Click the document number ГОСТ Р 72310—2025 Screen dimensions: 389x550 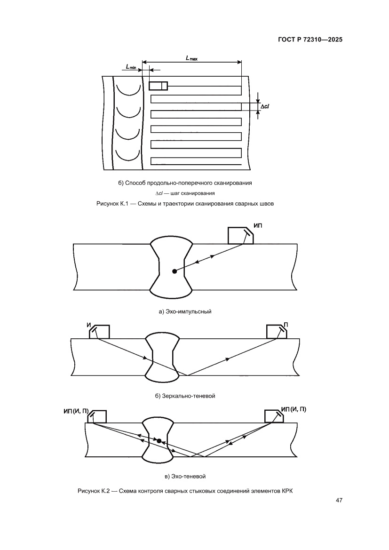coord(310,40)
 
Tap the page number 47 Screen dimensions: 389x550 coord(339,500)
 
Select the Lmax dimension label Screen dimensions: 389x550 coord(191,58)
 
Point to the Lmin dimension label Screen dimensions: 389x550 coord(131,66)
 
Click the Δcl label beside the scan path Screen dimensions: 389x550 coord(265,106)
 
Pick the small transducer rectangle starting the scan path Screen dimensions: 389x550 coord(158,86)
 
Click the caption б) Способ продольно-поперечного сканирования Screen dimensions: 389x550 coord(185,183)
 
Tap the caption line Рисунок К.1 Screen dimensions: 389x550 coord(185,203)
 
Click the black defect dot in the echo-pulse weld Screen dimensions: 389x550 coord(175,271)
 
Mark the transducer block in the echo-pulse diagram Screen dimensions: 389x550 coord(241,235)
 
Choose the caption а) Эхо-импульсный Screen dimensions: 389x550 coord(185,311)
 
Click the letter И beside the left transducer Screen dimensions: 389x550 coord(88,326)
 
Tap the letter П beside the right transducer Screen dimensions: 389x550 coord(286,325)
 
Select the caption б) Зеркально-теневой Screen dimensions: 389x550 coord(185,396)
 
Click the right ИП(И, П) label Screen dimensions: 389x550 coord(294,409)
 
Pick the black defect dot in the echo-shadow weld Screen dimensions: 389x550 coord(159,441)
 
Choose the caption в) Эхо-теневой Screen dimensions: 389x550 coord(185,476)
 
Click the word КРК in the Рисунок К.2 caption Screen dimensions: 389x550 coord(287,491)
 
